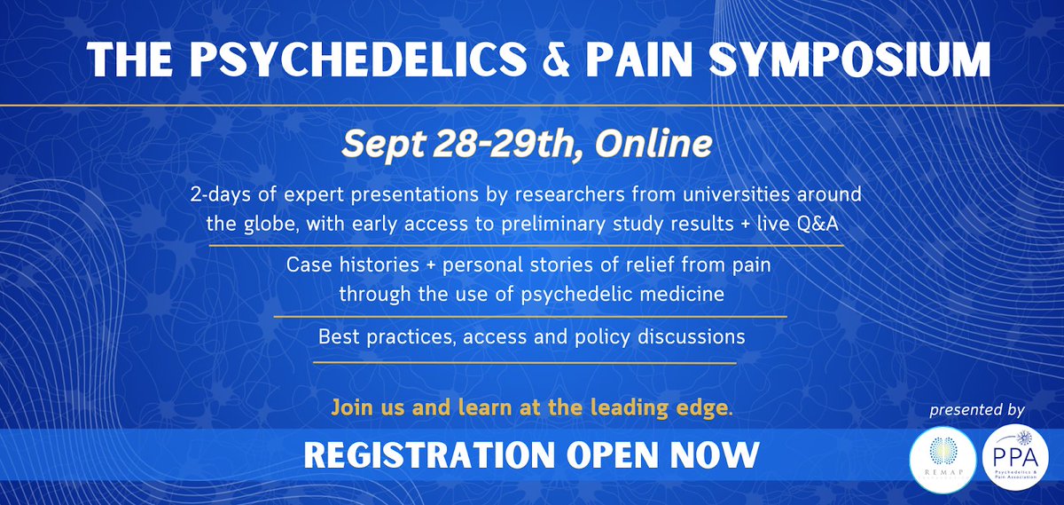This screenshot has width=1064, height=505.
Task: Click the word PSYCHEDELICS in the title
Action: coord(341,59)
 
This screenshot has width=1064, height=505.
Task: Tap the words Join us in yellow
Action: coord(360,409)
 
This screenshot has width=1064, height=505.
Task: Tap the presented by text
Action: coord(977,411)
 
